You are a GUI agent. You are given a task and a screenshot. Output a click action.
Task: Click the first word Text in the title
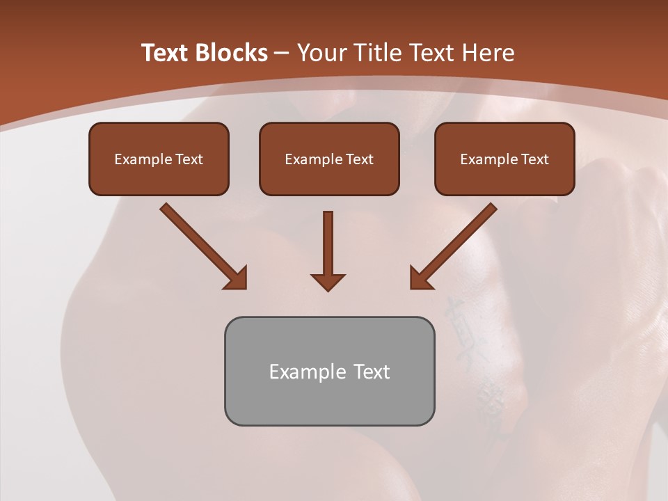point(166,53)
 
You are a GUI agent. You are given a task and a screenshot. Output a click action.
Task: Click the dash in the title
point(282,53)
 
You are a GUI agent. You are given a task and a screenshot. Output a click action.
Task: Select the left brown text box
point(159,159)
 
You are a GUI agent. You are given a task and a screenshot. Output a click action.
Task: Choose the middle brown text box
point(329,159)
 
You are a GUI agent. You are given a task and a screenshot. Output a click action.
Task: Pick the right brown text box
point(504,159)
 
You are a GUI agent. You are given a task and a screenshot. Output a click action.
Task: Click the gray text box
point(329,371)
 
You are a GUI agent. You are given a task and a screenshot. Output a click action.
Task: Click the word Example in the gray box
point(299,372)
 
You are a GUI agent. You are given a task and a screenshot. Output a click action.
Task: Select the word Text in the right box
point(535,159)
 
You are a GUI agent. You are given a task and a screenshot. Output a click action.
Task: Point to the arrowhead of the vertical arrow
point(328,281)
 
